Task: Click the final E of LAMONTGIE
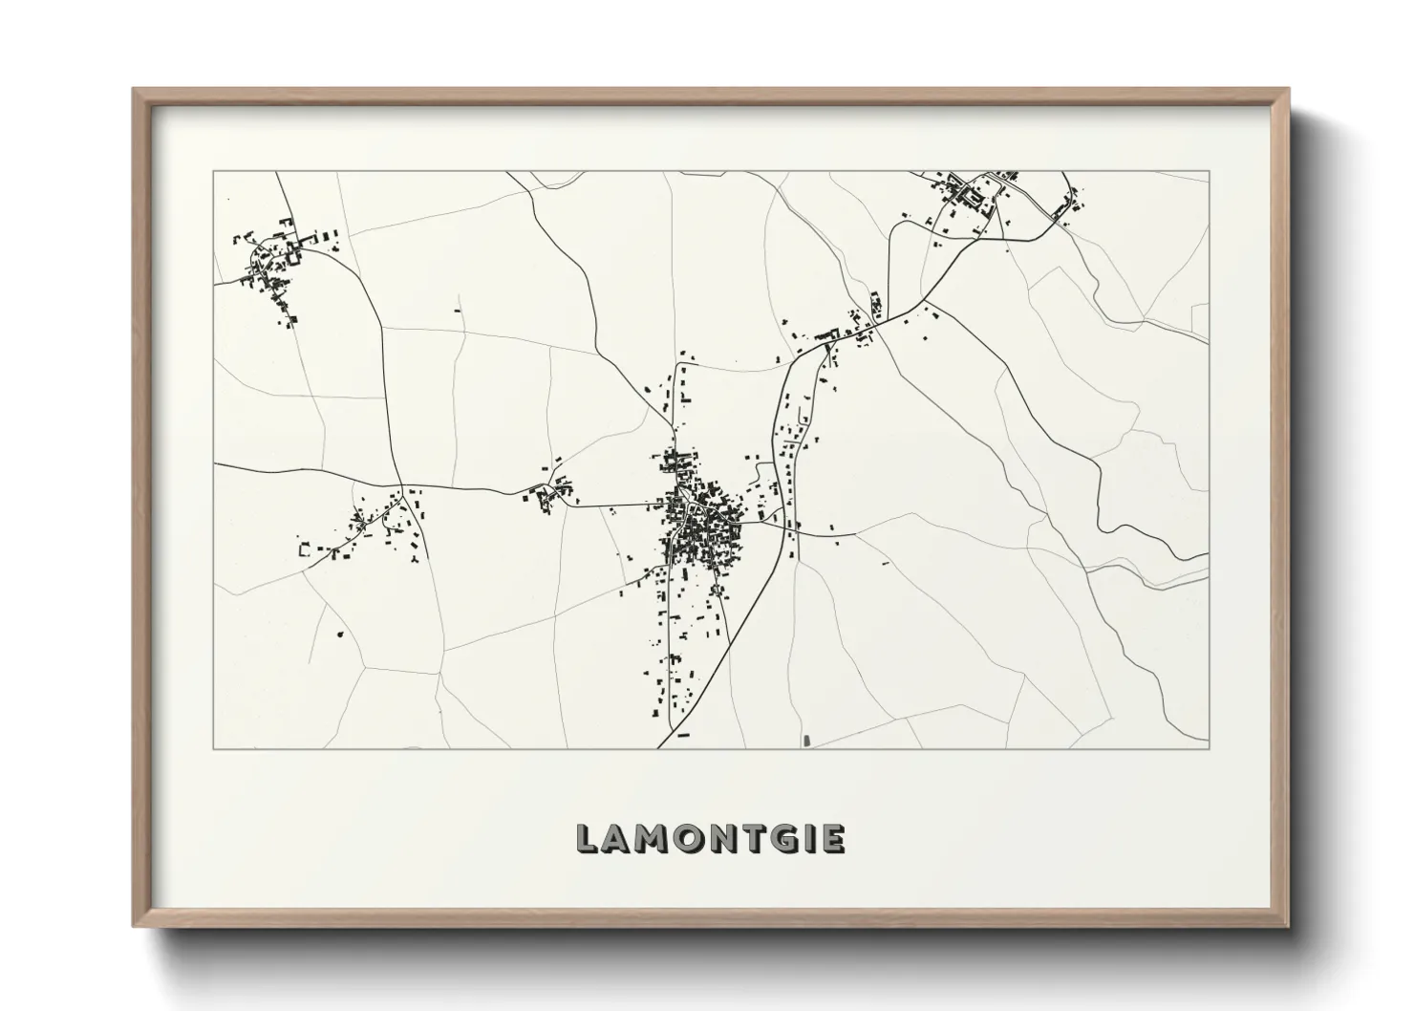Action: coord(833,839)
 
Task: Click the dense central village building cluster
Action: coord(702,521)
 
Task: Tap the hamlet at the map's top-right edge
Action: coord(984,196)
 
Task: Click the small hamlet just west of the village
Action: coord(549,495)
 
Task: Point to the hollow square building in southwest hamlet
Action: coord(307,549)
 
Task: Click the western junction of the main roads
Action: coord(401,484)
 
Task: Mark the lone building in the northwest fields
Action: coord(457,311)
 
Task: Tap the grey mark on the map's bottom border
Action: coord(807,742)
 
